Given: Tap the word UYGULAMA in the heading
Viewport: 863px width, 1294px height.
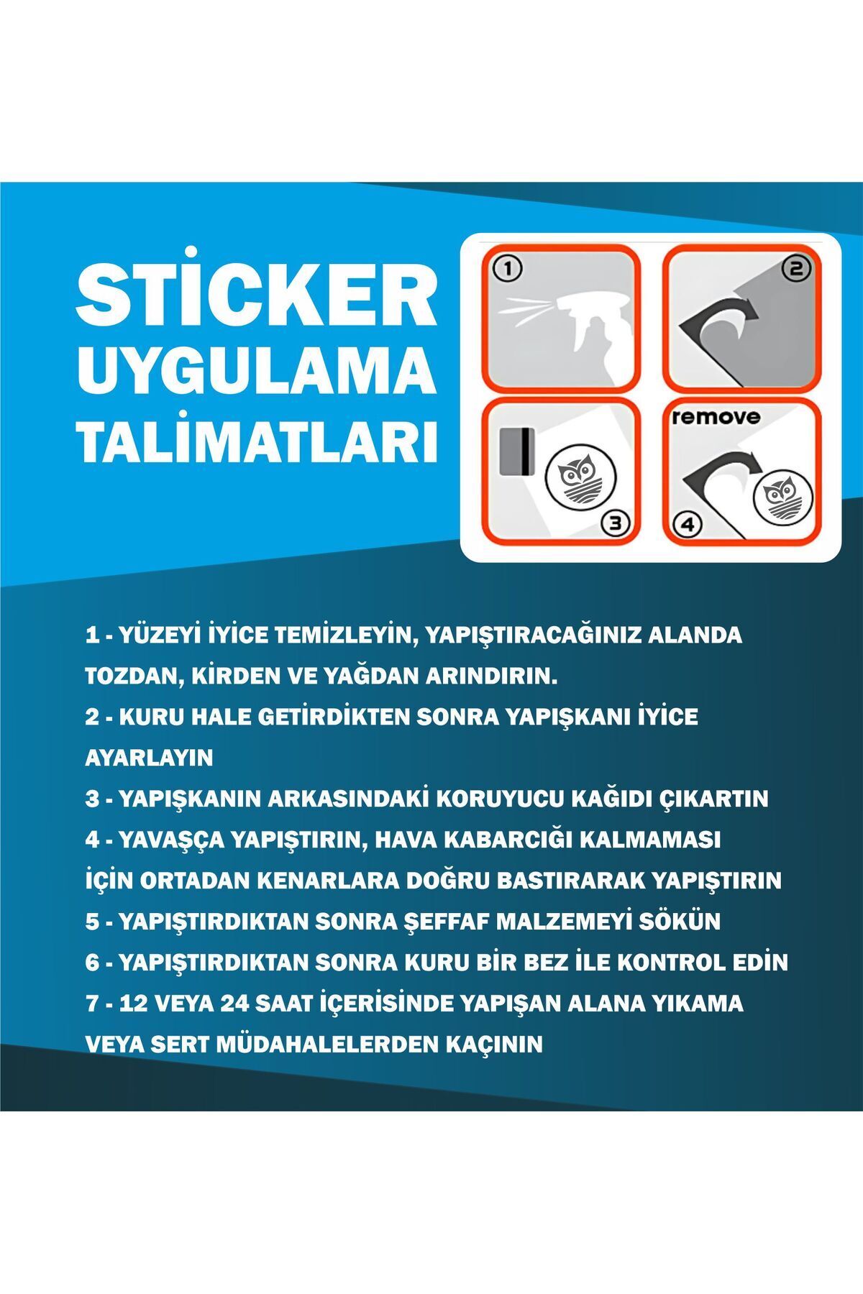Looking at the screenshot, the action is (257, 372).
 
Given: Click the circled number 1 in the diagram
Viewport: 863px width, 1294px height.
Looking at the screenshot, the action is (508, 270).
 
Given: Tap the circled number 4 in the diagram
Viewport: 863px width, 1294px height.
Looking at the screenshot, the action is (688, 525).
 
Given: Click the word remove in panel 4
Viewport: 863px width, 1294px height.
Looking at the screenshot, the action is (715, 417).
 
